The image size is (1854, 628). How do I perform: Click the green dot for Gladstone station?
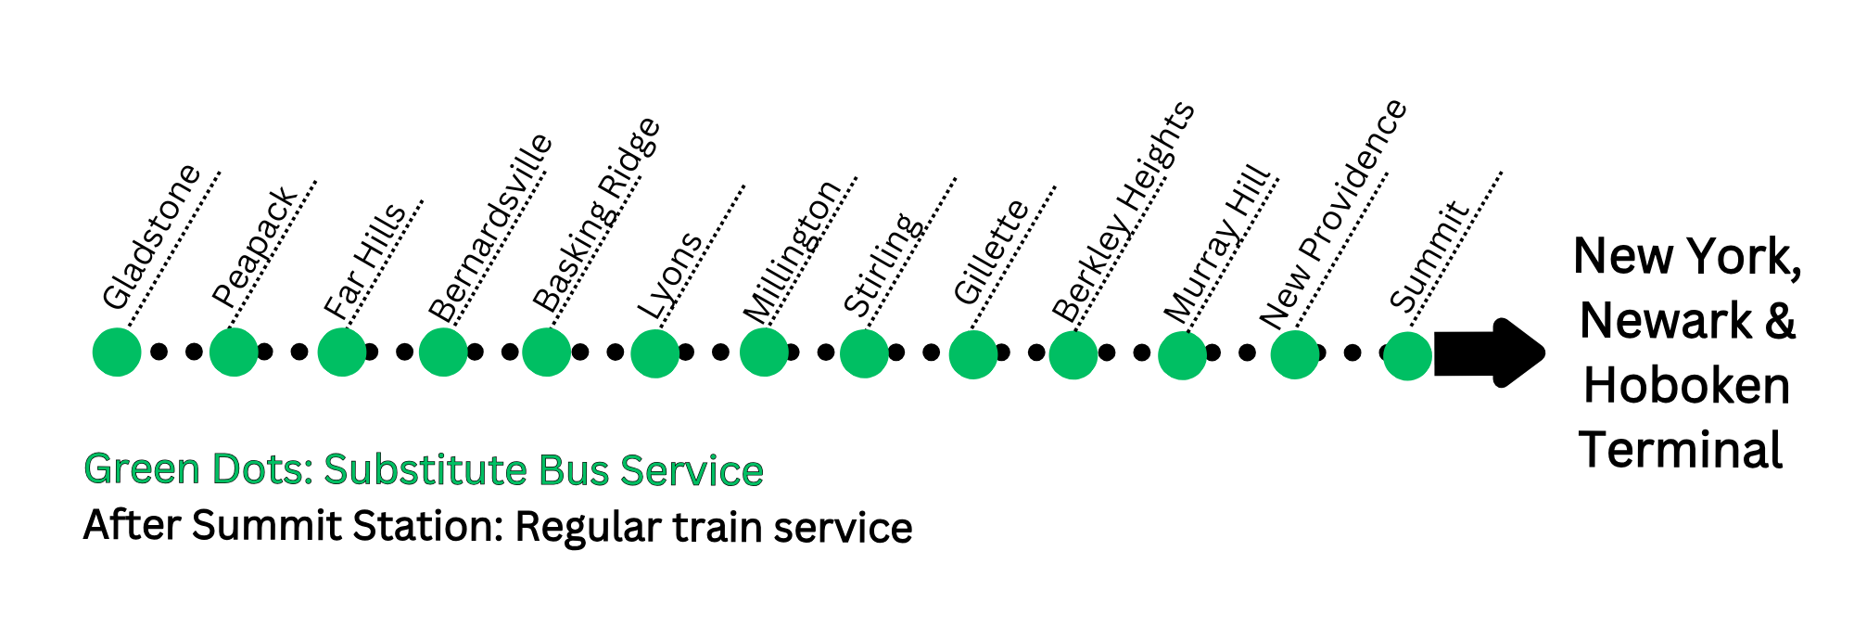click(117, 352)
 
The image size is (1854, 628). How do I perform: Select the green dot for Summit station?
click(1407, 356)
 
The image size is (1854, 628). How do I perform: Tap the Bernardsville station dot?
click(443, 352)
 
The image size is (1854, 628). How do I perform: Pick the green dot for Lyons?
click(654, 353)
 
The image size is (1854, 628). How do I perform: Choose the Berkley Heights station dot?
click(1073, 354)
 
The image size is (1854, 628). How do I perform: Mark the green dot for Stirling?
click(864, 353)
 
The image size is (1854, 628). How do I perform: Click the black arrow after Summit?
click(1488, 352)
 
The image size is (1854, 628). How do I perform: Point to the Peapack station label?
click(254, 248)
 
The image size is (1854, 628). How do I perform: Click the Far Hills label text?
click(364, 261)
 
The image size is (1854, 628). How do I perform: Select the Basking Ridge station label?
click(596, 214)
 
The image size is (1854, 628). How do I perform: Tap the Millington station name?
click(793, 251)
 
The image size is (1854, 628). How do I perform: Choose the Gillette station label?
click(991, 251)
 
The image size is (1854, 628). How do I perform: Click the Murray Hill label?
click(1217, 244)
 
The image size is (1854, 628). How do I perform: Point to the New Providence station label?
click(1333, 214)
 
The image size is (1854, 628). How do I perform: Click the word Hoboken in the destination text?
click(1686, 386)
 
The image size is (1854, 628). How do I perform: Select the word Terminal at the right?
click(1681, 451)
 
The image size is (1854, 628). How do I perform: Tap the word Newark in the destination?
click(1665, 321)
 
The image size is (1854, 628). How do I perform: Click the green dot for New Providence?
click(1294, 354)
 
